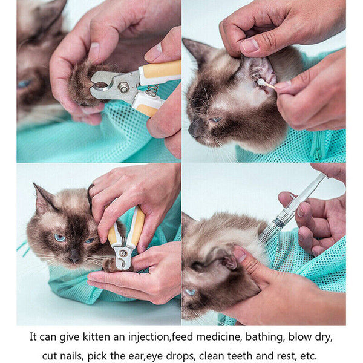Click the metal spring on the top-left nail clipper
151,90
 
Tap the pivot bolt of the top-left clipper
124,89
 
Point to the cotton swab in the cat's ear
264,83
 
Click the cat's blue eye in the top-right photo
215,119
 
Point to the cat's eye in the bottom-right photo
191,292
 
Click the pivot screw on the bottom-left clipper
123,252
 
